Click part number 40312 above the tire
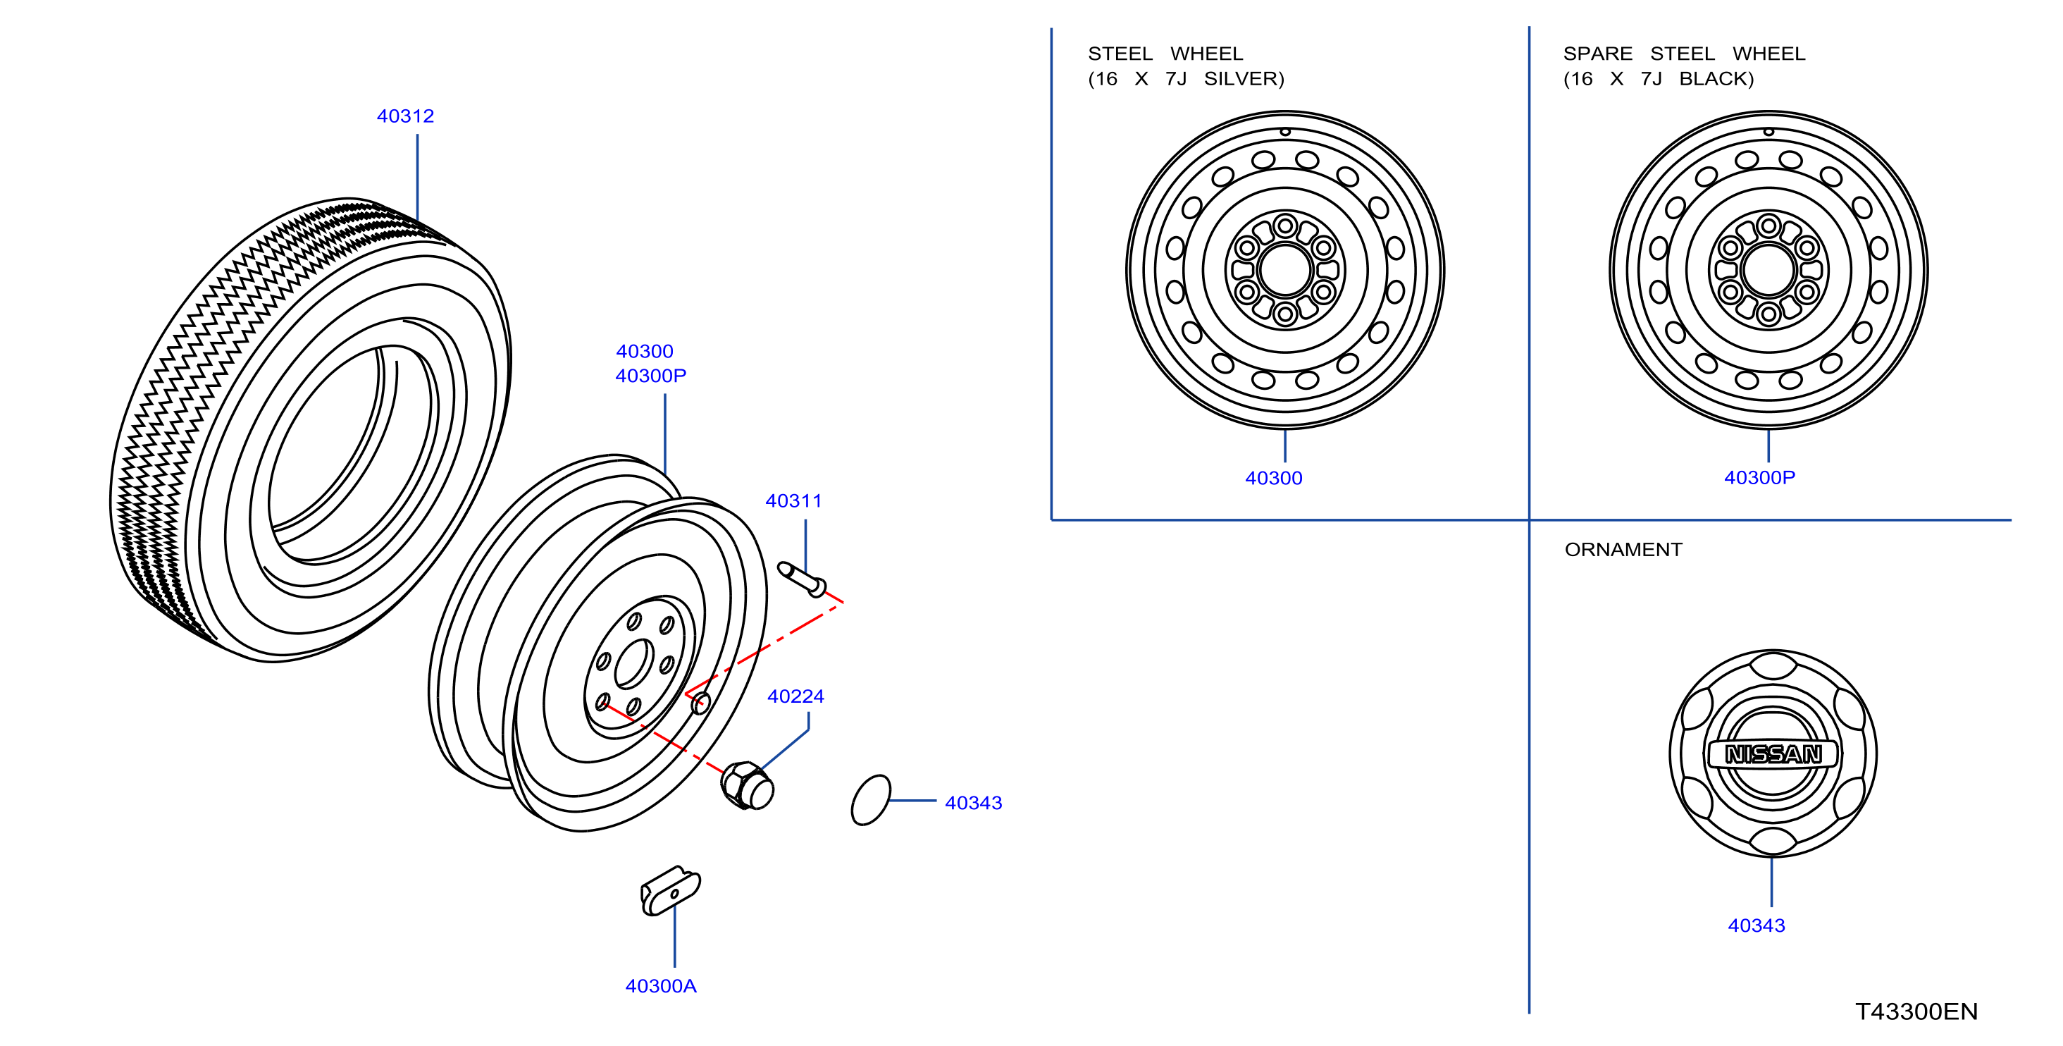pos(405,116)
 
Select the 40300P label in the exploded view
pos(650,376)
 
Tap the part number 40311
pos(793,500)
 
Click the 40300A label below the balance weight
pos(661,986)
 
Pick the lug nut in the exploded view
pos(747,786)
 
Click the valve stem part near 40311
pos(802,578)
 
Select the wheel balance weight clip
pos(670,890)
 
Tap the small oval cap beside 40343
pos(871,799)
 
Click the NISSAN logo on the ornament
pos(1773,754)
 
